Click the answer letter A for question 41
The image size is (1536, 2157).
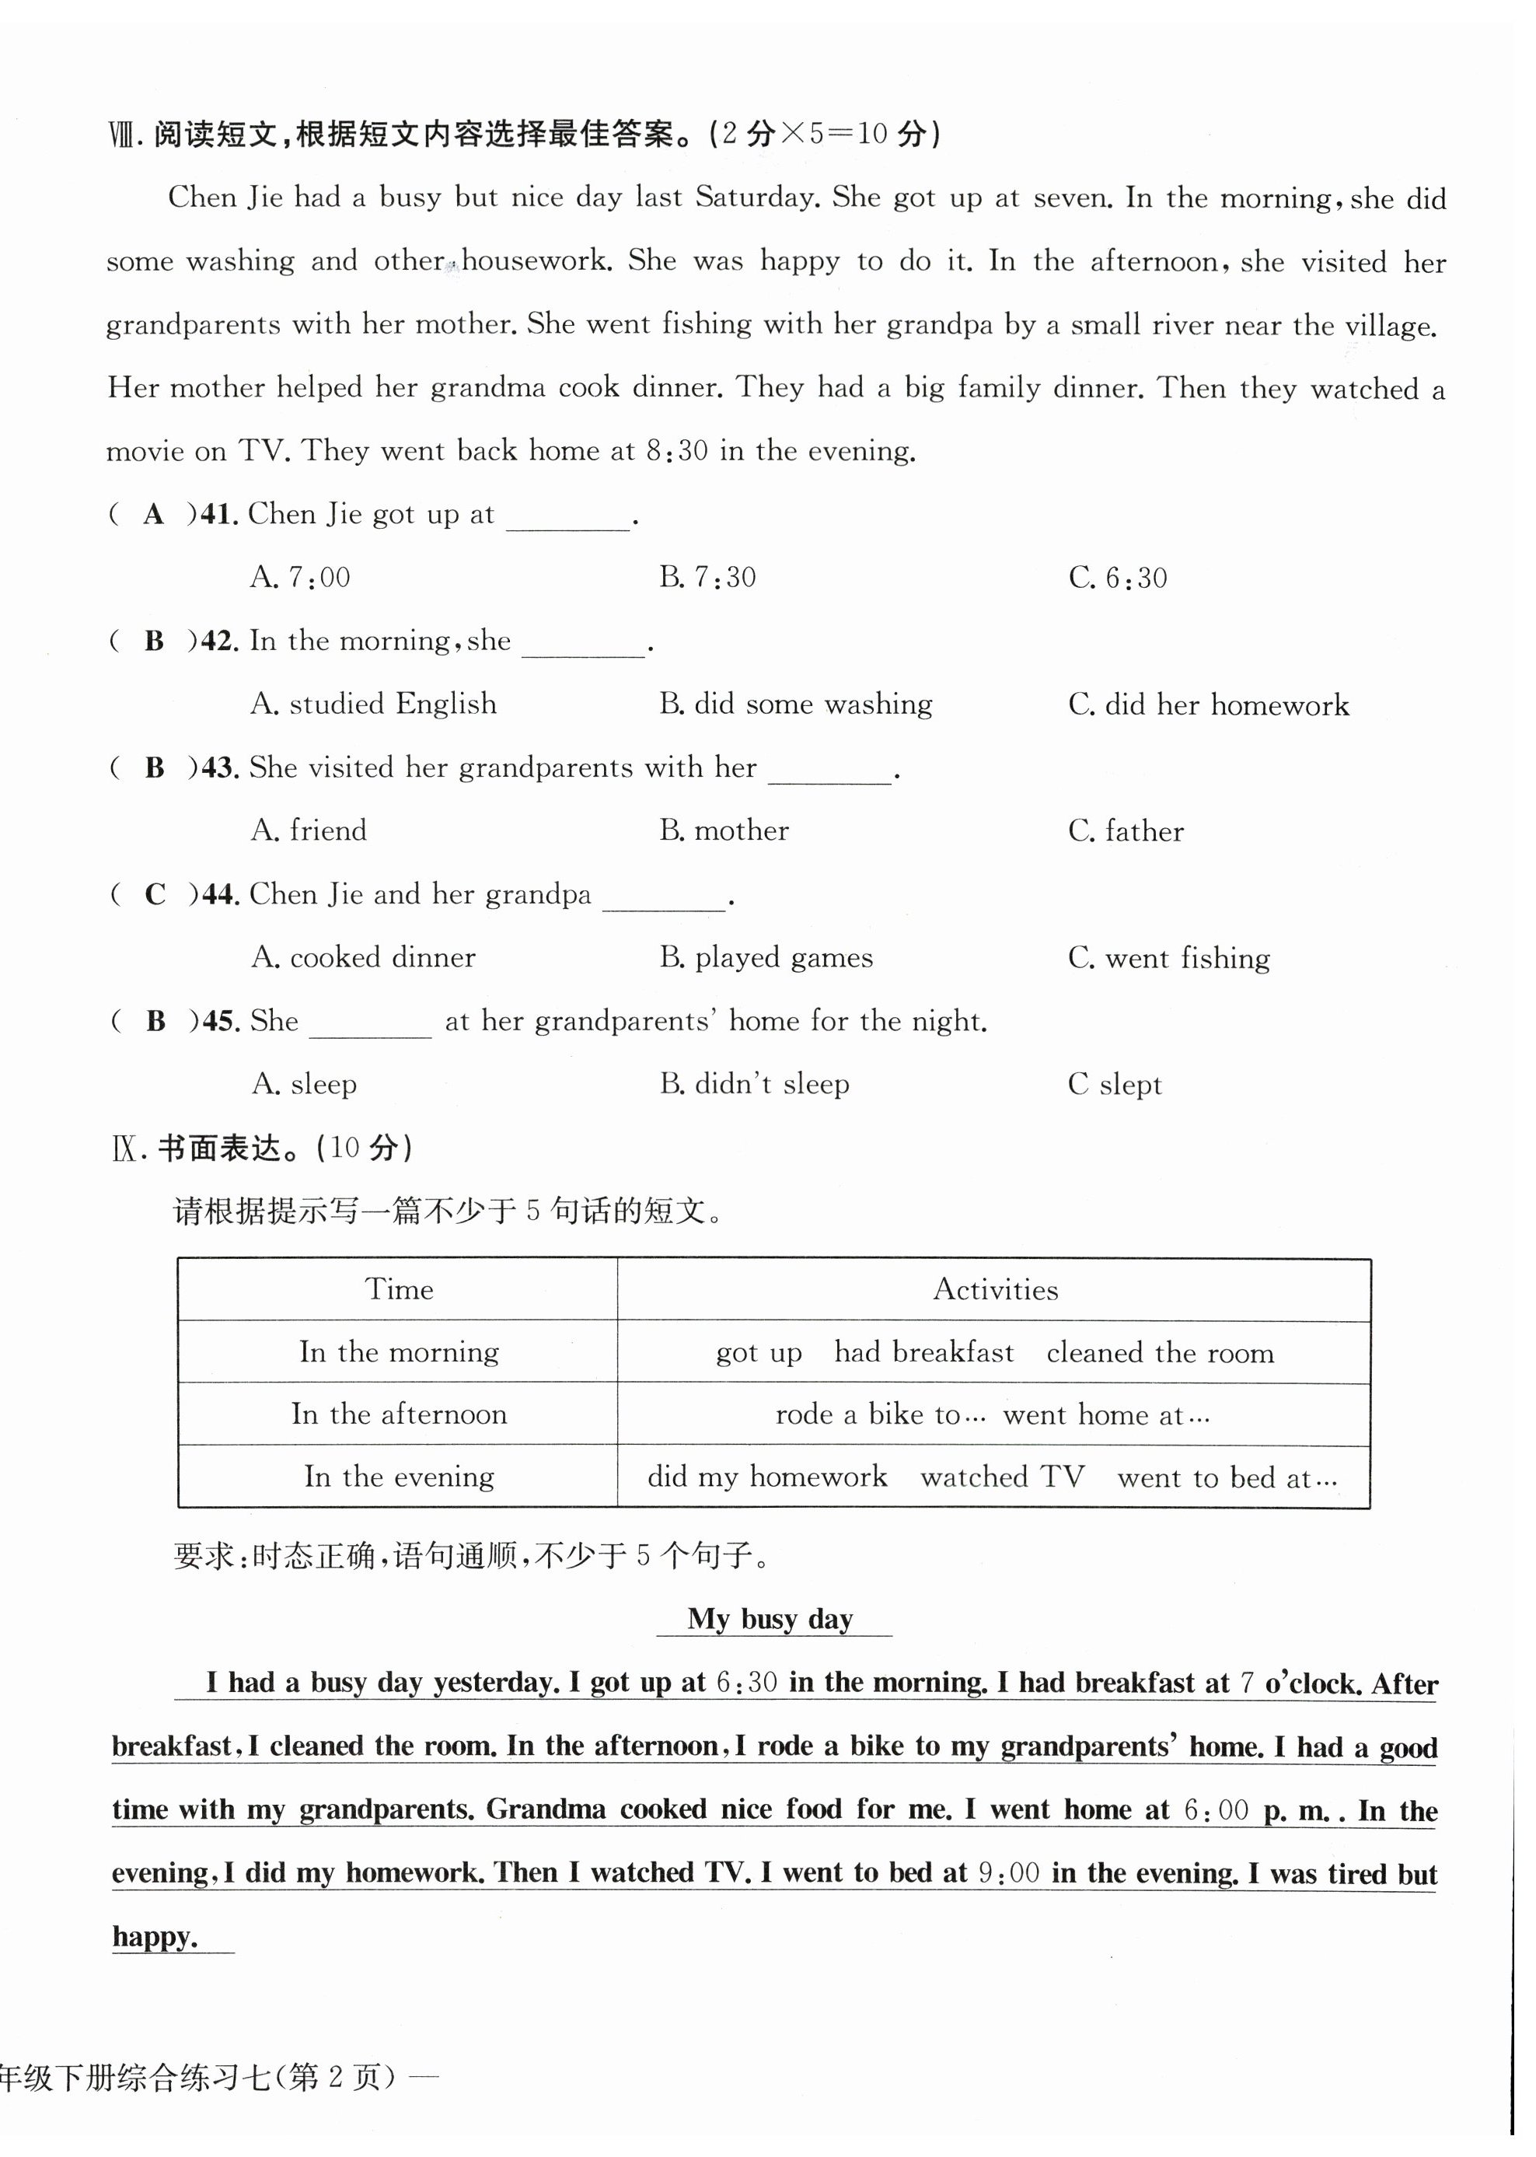(x=153, y=515)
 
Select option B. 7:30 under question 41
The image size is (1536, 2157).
(x=707, y=577)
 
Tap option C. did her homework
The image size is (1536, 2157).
(x=1209, y=704)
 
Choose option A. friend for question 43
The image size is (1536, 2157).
(x=309, y=830)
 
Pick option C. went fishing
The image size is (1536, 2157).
(x=1169, y=958)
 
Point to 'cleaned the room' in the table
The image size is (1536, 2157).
(x=1160, y=1353)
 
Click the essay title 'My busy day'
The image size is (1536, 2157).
(x=770, y=1619)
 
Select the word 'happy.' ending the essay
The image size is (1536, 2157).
(x=155, y=1937)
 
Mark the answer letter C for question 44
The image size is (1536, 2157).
(x=155, y=894)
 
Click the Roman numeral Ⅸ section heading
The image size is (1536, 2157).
(x=125, y=1148)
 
